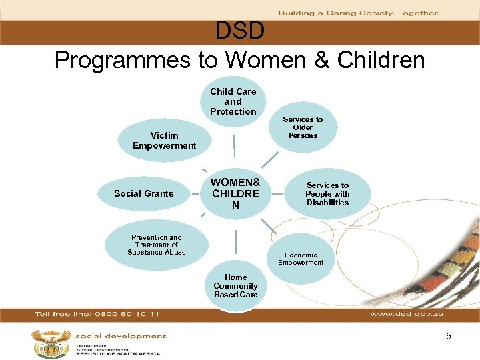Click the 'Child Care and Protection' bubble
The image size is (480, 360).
(233, 102)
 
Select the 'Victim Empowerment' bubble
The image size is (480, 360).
(164, 141)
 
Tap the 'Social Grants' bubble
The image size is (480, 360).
(143, 193)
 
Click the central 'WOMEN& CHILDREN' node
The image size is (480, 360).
(235, 193)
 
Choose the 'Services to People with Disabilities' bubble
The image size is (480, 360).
(327, 194)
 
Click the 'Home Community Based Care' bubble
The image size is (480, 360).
(235, 286)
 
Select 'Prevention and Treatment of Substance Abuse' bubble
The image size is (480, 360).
(157, 245)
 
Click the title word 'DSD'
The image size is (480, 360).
(240, 31)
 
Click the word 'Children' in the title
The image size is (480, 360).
(381, 60)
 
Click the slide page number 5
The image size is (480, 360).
(449, 337)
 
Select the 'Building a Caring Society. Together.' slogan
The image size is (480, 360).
(358, 13)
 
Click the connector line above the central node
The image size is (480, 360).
(234, 146)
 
